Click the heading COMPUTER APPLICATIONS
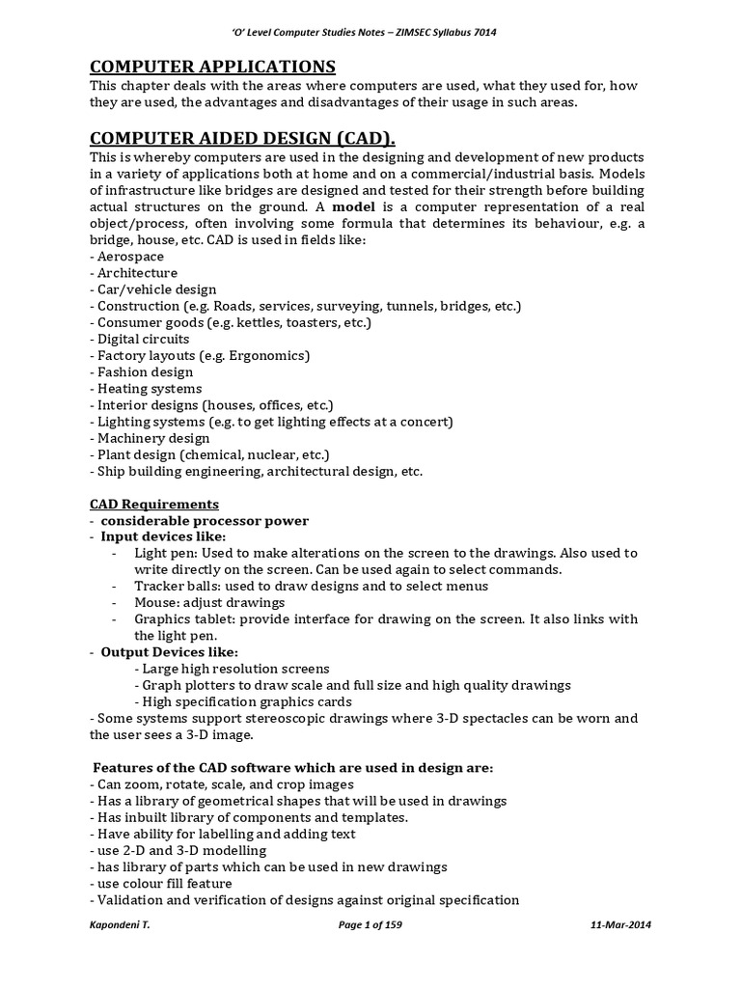pos(212,67)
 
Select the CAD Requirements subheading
pos(154,505)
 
